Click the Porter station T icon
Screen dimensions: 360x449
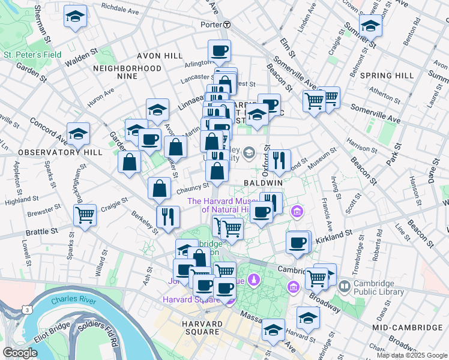coord(227,25)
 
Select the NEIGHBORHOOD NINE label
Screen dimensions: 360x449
coord(127,73)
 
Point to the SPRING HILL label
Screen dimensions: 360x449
coord(388,76)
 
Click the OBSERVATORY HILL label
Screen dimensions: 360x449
coord(52,153)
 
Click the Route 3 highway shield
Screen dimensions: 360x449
coord(28,310)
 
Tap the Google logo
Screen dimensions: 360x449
coord(20,353)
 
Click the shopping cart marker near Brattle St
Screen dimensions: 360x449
coord(85,214)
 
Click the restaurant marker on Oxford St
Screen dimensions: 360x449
coord(279,160)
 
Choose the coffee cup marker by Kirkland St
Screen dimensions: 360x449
coord(298,242)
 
